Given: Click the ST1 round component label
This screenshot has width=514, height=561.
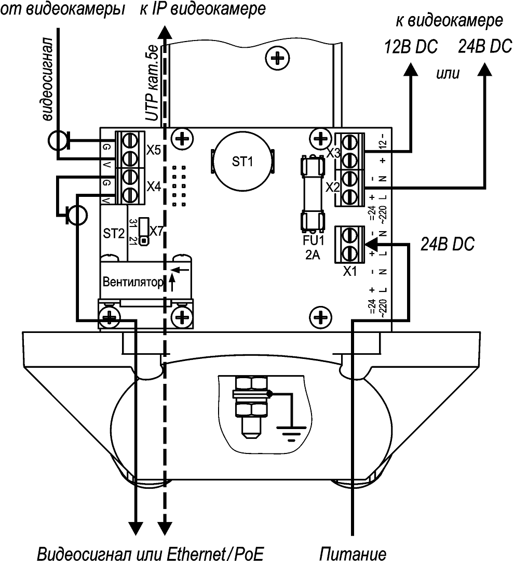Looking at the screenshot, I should [x=242, y=162].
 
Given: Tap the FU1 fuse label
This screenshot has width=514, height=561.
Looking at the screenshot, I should [x=313, y=242].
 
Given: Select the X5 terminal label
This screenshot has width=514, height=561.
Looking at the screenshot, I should [x=154, y=151].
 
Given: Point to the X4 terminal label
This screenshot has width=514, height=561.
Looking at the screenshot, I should [x=154, y=185].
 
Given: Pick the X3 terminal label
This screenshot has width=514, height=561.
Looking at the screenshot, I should [x=333, y=153].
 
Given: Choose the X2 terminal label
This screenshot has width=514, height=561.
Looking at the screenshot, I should [x=332, y=188].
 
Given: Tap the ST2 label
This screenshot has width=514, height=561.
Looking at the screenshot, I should [x=113, y=233].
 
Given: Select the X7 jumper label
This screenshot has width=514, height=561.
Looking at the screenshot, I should [x=156, y=229].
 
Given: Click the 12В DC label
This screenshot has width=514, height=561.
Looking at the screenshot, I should [x=411, y=47].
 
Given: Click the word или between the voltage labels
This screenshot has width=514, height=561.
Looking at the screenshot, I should [x=448, y=73].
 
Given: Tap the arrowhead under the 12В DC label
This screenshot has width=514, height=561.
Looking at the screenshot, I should [x=411, y=70].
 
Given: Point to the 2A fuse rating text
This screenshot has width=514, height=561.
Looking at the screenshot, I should [x=313, y=254].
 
